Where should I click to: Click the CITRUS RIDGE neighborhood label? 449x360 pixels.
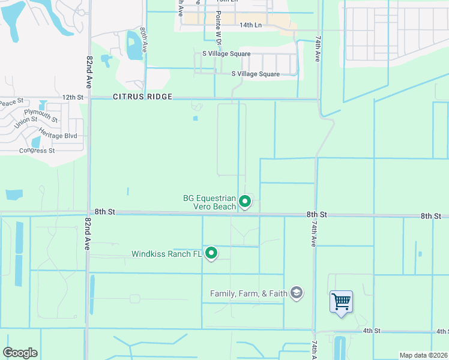[142, 97]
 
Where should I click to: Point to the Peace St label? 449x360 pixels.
[11, 103]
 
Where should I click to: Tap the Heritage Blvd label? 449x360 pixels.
[59, 136]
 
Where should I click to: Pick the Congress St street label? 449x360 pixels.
[37, 151]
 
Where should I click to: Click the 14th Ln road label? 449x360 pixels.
[251, 25]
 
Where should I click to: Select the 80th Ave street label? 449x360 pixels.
[143, 40]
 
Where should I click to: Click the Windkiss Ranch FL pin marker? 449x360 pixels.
[211, 254]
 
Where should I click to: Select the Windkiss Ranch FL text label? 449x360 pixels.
[167, 254]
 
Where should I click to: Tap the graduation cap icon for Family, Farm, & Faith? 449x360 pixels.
[296, 293]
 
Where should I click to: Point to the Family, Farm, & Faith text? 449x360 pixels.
[249, 293]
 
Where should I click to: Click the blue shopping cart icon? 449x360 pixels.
[341, 301]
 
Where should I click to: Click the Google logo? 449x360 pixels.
[20, 353]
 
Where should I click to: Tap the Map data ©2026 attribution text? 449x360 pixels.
[423, 355]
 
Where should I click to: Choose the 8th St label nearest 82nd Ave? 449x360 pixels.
[104, 212]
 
